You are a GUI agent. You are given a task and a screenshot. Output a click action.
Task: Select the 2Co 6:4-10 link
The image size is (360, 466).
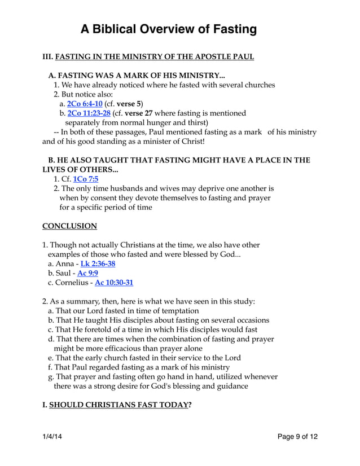click(x=84, y=104)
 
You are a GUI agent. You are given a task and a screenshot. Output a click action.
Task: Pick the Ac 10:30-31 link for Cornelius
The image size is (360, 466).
click(x=114, y=282)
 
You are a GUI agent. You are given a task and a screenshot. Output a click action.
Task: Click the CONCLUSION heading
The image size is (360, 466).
click(x=69, y=226)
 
